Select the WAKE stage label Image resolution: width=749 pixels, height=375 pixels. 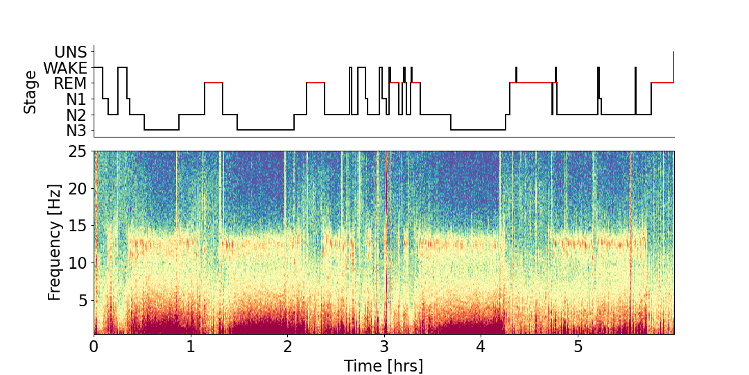click(65, 68)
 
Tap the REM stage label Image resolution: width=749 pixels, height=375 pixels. click(71, 83)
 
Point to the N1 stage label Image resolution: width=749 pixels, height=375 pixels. click(76, 99)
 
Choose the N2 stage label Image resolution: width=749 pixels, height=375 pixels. click(76, 115)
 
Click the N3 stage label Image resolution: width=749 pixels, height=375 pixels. click(76, 131)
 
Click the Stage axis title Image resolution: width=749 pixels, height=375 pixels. click(30, 92)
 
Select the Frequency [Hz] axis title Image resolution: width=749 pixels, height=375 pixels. click(55, 242)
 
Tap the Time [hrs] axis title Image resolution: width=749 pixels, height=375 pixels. click(384, 365)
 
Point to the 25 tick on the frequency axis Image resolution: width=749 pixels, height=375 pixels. click(78, 151)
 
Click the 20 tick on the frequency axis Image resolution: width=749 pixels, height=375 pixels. click(78, 189)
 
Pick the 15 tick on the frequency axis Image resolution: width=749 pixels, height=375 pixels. click(78, 226)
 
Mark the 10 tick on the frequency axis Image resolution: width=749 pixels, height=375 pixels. click(78, 263)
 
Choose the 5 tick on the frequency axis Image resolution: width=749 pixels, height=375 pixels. click(83, 301)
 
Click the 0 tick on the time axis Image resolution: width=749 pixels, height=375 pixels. click(94, 346)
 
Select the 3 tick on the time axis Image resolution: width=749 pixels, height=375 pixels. click(384, 346)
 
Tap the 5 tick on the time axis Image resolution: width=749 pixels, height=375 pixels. click(578, 346)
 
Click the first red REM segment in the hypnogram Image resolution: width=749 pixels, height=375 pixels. click(214, 83)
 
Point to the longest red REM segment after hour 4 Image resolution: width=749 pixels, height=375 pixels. click(533, 83)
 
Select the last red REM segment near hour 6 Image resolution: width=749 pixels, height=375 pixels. click(662, 83)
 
